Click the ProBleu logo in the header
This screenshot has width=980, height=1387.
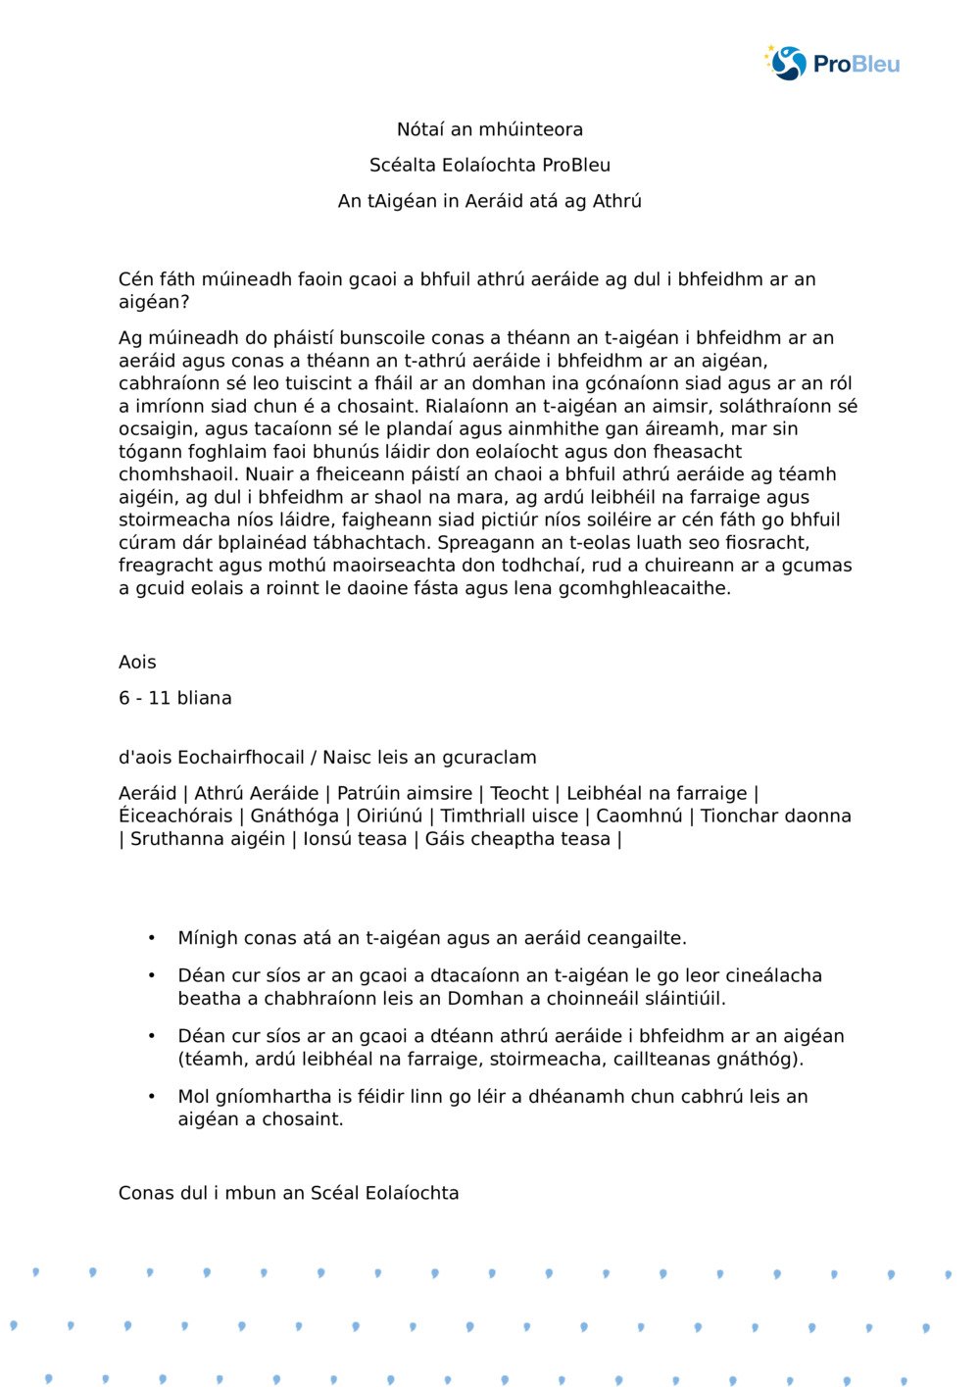[832, 64]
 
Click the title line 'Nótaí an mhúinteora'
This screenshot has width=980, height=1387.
[489, 129]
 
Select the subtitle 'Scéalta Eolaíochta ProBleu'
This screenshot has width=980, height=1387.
[489, 165]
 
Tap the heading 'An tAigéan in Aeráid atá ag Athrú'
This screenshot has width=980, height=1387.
[489, 201]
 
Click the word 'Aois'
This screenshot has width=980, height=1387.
[137, 663]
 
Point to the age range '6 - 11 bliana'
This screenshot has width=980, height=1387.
[175, 698]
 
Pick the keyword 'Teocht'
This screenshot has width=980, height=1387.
[519, 794]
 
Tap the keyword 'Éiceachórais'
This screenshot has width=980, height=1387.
[175, 817]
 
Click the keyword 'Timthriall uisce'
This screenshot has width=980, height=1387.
[510, 817]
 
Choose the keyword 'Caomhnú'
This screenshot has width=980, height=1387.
[639, 817]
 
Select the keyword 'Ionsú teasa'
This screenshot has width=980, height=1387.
[355, 839]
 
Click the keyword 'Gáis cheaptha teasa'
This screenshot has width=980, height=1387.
[517, 839]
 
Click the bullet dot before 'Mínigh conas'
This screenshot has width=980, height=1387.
[152, 938]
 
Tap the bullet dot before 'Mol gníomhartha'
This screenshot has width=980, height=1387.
[152, 1096]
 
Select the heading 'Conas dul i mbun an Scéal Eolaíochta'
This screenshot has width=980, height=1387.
[288, 1193]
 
